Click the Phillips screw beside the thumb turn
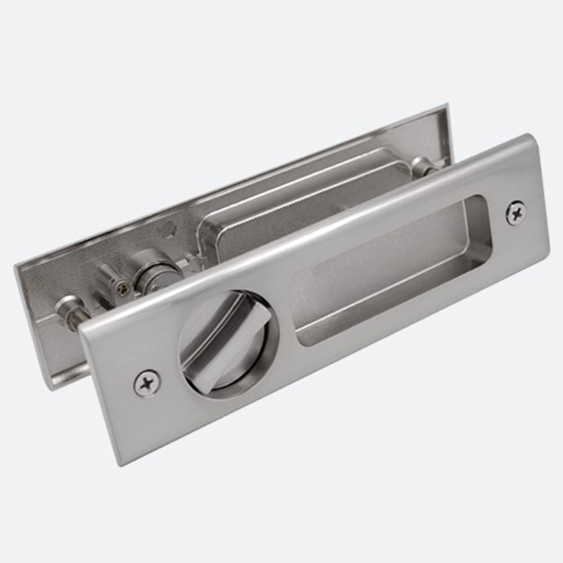[147, 383]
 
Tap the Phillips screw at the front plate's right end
[516, 213]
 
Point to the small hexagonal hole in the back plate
[166, 231]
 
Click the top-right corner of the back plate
[446, 105]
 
